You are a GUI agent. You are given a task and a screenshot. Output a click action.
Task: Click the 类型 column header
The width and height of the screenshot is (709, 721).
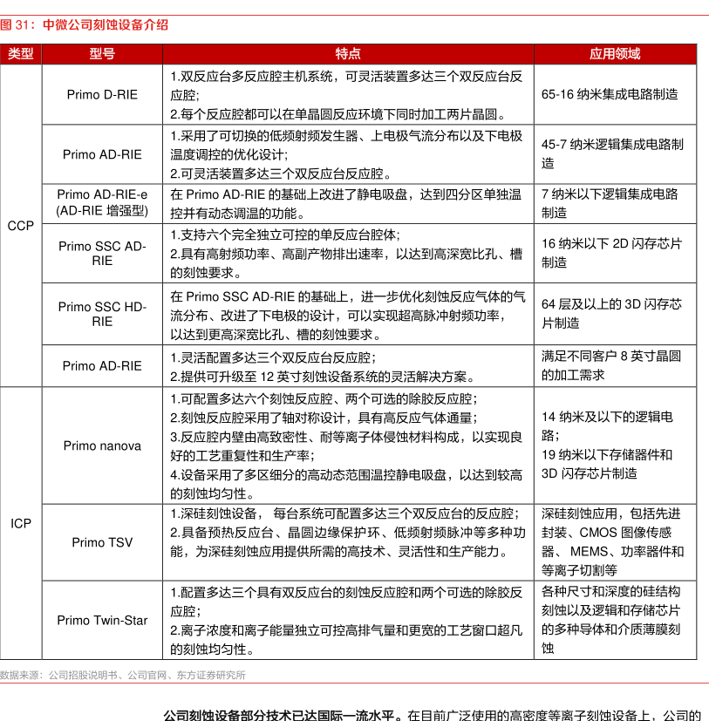pos(20,53)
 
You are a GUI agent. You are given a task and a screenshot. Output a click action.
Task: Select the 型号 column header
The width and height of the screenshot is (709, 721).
pos(102,53)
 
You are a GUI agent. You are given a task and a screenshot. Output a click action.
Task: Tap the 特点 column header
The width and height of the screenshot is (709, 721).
pos(348,53)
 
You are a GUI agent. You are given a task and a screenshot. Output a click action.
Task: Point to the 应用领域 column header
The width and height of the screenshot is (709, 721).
pos(615,53)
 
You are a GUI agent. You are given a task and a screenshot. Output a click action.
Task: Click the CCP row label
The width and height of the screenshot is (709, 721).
pos(20,226)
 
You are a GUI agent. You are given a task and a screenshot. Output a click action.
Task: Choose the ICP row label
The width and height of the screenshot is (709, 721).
pos(20,523)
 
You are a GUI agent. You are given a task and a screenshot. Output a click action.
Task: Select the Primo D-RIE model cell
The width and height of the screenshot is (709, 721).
pos(102,95)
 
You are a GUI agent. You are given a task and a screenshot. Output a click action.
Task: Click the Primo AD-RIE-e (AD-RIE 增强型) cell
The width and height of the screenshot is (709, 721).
pos(102,203)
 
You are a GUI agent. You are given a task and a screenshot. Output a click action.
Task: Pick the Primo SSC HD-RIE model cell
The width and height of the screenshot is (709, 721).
pos(102,314)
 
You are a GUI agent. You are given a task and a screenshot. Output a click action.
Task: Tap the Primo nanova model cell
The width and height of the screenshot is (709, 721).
pos(102,446)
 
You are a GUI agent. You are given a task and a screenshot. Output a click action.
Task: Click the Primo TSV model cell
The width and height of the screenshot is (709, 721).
pos(102,542)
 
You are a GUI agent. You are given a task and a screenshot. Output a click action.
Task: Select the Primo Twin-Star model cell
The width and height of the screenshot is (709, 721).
pos(102,620)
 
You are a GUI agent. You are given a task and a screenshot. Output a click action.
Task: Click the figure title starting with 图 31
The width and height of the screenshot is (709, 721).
pos(85,25)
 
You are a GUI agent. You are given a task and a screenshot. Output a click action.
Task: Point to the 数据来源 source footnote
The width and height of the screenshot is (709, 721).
pos(123,674)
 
